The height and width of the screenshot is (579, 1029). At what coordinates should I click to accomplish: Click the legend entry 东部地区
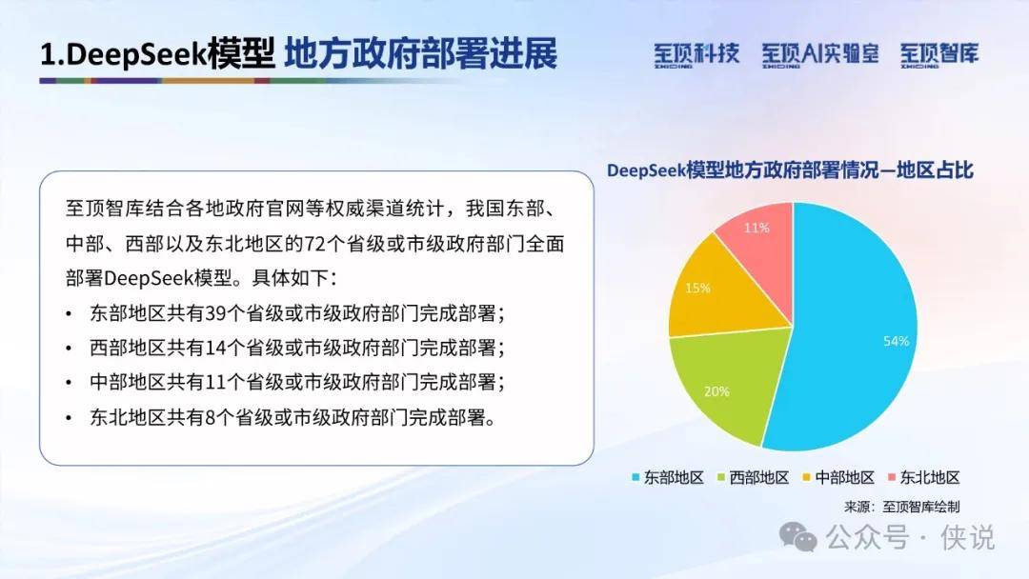[667, 477]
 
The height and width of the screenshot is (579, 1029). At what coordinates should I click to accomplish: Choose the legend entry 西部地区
[753, 477]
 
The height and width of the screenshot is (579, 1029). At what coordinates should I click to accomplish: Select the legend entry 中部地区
[838, 477]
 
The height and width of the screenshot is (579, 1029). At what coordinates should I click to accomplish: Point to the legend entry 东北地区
[923, 477]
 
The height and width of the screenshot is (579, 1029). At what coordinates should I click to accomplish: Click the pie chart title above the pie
[790, 170]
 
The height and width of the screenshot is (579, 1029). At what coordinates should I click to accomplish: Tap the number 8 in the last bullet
[210, 417]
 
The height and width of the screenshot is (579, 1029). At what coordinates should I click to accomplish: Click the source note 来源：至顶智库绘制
[901, 507]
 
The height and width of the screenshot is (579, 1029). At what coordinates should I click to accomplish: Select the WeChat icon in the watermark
[798, 536]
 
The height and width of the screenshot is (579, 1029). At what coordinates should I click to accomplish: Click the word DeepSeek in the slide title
[136, 54]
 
